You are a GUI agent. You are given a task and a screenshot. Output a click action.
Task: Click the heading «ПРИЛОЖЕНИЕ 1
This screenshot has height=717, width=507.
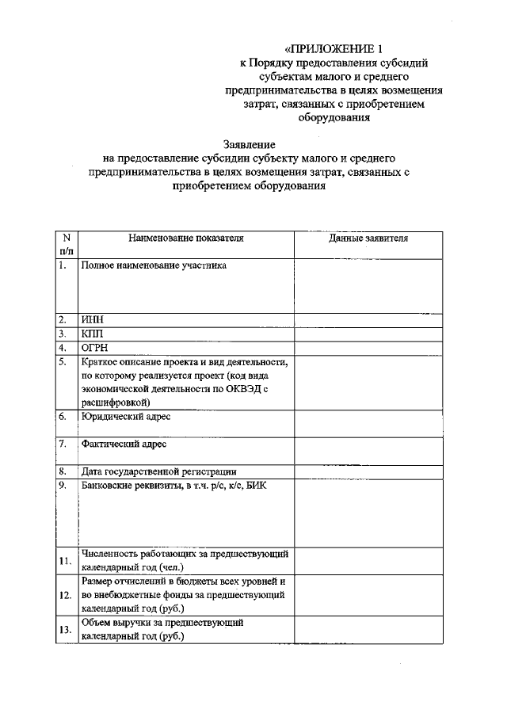[326, 48]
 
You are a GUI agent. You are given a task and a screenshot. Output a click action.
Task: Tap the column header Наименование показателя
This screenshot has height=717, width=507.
[186, 238]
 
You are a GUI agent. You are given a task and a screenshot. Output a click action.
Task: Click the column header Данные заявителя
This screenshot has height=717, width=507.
[368, 238]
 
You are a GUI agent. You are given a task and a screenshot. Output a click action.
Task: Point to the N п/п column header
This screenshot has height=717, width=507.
[67, 243]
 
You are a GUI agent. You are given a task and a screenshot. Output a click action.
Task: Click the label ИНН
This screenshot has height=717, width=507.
[93, 320]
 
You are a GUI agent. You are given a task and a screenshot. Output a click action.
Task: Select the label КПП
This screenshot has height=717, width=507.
[93, 334]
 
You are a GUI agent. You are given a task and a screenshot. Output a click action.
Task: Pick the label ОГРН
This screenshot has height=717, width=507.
[94, 348]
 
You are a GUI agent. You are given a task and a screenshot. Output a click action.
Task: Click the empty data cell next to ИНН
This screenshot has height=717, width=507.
[368, 320]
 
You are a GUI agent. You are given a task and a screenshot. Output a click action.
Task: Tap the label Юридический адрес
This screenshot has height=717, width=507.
[125, 415]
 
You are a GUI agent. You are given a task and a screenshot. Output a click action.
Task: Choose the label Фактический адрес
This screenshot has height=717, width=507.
[124, 444]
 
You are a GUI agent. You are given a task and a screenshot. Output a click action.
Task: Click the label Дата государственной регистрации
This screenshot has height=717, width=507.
[158, 472]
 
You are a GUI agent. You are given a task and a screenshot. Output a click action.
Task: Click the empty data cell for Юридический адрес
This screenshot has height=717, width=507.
[368, 421]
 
